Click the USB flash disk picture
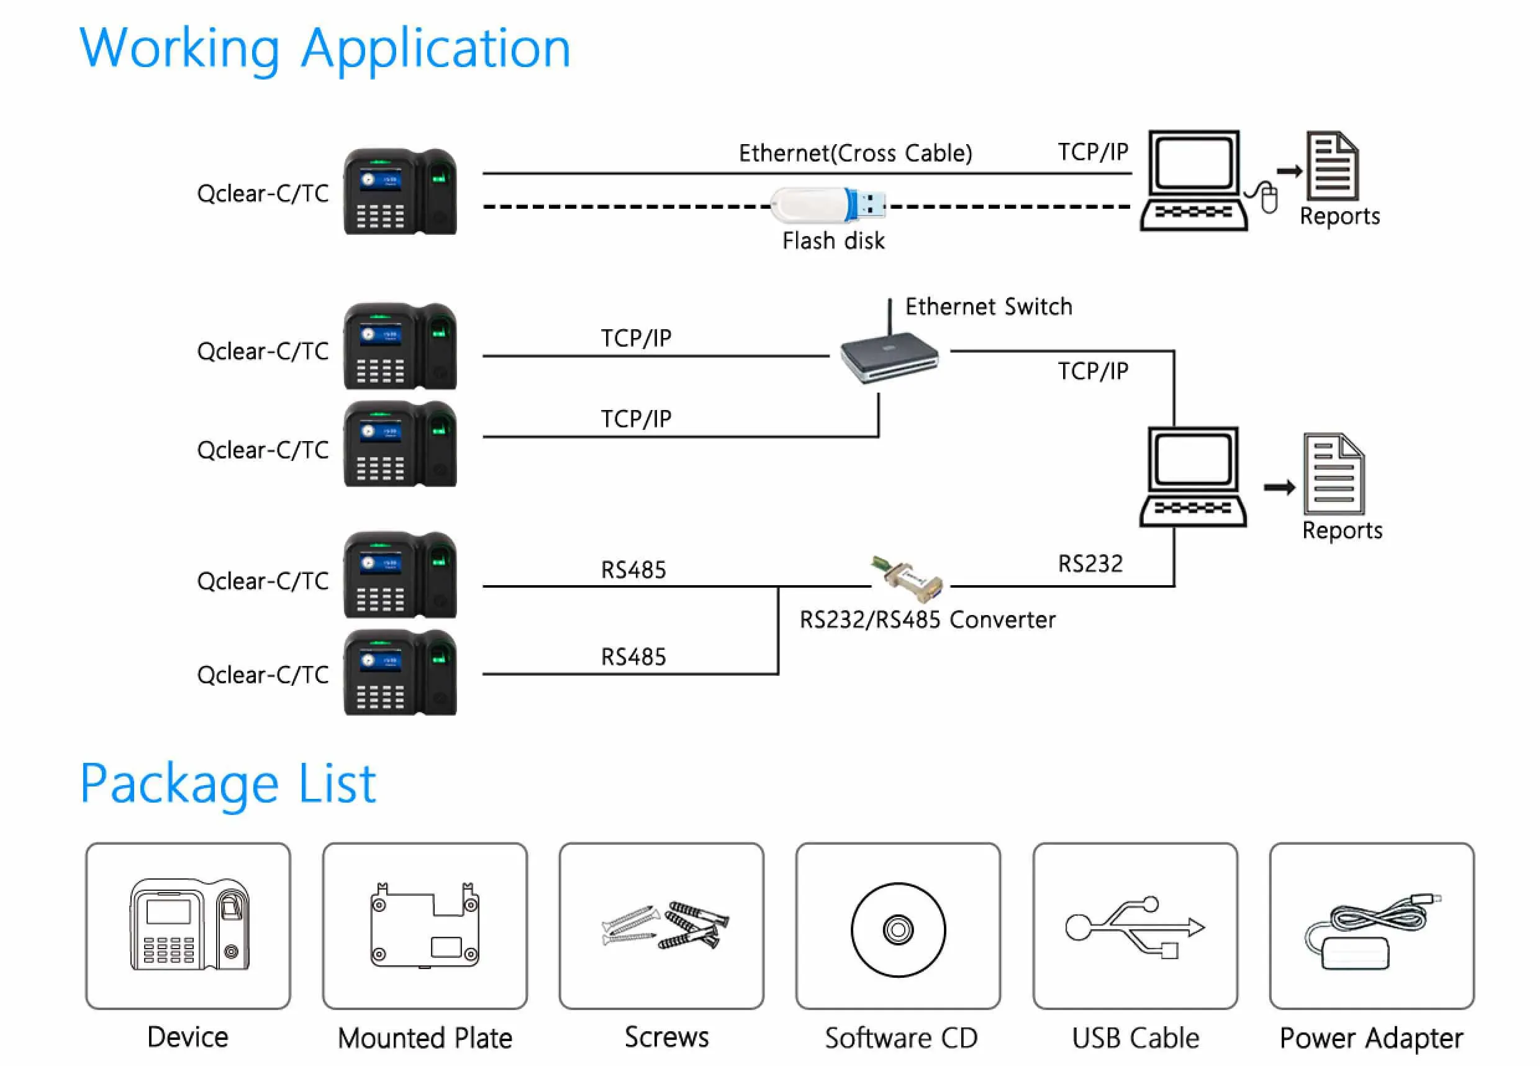pyautogui.click(x=828, y=204)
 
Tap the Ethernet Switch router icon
pyautogui.click(x=889, y=357)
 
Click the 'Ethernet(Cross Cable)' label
pyautogui.click(x=854, y=153)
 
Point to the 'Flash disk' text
pyautogui.click(x=833, y=241)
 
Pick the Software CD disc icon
pyautogui.click(x=898, y=929)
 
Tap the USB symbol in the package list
pyautogui.click(x=1135, y=927)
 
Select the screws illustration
pyautogui.click(x=665, y=926)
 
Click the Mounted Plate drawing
pyautogui.click(x=425, y=926)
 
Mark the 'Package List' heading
pyautogui.click(x=228, y=783)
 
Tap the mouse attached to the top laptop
pyautogui.click(x=1268, y=198)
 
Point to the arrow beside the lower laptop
pyautogui.click(x=1279, y=488)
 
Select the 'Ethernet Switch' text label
pyautogui.click(x=988, y=307)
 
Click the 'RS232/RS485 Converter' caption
pyautogui.click(x=927, y=620)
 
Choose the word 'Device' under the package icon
pyautogui.click(x=188, y=1037)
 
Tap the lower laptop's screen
pyautogui.click(x=1193, y=459)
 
